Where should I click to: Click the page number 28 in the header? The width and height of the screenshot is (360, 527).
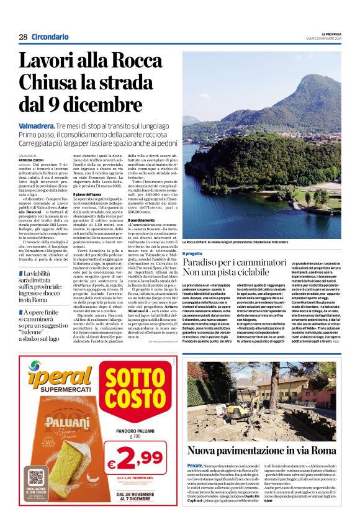pos(23,37)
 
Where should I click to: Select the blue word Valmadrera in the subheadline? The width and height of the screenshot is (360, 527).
pos(38,125)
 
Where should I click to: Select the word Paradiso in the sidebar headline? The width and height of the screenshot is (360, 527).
pos(202,263)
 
